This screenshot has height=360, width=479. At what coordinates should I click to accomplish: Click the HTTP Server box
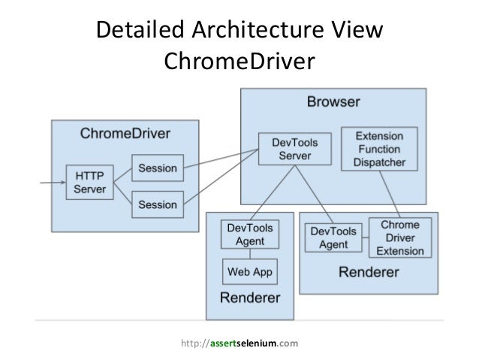[x=90, y=182]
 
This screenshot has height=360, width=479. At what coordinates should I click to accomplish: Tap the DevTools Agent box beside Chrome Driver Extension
[x=333, y=238]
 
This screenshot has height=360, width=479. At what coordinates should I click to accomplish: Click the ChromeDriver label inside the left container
[x=125, y=134]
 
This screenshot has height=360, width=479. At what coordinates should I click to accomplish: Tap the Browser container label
[x=333, y=101]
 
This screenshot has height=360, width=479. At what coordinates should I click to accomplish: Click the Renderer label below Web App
[x=249, y=298]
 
